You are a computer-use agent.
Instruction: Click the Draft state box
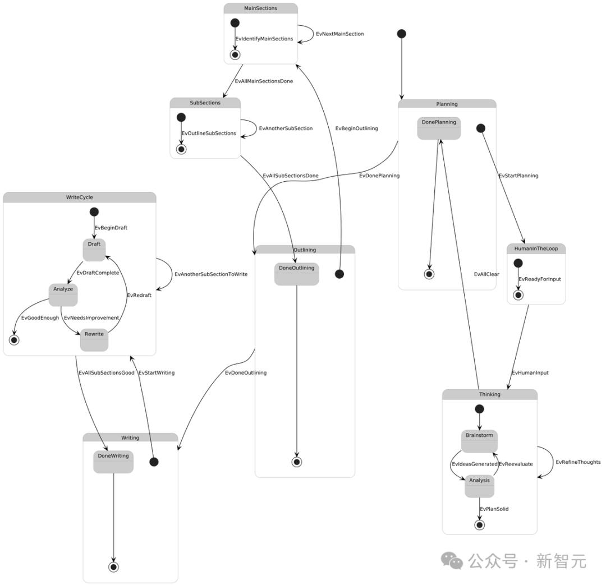tap(94, 250)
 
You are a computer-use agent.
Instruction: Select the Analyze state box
tap(63, 295)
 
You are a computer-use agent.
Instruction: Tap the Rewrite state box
tap(94, 340)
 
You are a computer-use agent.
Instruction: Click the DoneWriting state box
tap(113, 462)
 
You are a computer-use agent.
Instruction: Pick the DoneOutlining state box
tap(296, 274)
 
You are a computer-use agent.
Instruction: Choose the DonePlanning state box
tap(439, 128)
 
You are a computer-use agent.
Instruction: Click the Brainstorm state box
tap(479, 441)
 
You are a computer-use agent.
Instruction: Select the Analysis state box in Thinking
tap(479, 486)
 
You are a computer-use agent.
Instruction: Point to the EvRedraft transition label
tap(139, 295)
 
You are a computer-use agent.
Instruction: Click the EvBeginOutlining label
tap(356, 128)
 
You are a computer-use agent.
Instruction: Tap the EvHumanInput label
tap(530, 372)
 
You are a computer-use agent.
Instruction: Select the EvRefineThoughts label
tap(578, 462)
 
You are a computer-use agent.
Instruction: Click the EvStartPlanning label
tap(518, 176)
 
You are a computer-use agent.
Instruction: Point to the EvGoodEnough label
tap(40, 317)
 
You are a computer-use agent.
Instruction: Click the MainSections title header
tap(261, 8)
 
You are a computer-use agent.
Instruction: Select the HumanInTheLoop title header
tap(536, 248)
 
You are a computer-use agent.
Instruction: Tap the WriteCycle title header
tap(79, 197)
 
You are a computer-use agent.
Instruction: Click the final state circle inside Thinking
tap(479, 525)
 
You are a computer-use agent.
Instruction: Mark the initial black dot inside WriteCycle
tap(94, 211)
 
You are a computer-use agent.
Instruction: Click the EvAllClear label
tap(486, 274)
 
